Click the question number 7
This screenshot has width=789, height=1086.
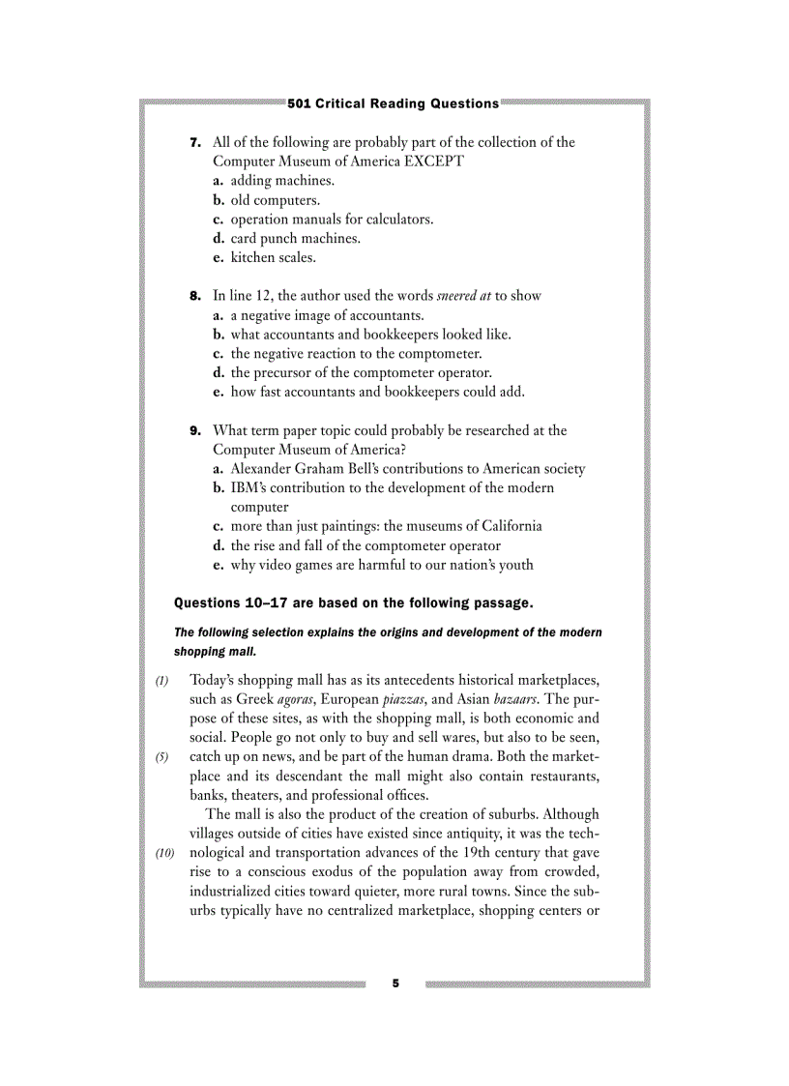pyautogui.click(x=194, y=142)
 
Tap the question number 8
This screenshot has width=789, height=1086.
pyautogui.click(x=194, y=296)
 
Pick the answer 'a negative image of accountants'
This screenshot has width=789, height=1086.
pyautogui.click(x=326, y=315)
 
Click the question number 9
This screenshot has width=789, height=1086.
pyautogui.click(x=194, y=430)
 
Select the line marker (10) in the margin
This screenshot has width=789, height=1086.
pyautogui.click(x=165, y=853)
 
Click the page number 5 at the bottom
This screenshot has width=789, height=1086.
pyautogui.click(x=395, y=983)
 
